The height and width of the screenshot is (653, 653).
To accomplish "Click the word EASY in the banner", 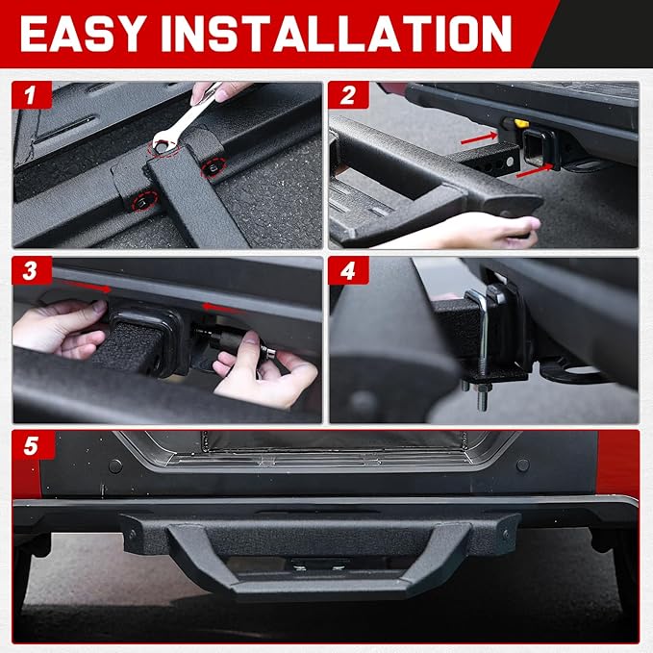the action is click(81, 34).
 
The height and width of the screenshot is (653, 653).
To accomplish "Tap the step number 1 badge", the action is click(32, 95).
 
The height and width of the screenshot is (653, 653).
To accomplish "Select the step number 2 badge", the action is click(348, 95).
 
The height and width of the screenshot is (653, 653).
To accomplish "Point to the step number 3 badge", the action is click(32, 270).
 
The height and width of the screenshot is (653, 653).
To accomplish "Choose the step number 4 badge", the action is click(348, 270).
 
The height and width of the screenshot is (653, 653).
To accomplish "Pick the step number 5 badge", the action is click(34, 445).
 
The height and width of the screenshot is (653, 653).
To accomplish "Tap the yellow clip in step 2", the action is click(521, 123).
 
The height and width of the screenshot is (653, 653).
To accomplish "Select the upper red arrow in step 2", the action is click(479, 138).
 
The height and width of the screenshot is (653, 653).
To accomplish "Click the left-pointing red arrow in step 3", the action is click(221, 308).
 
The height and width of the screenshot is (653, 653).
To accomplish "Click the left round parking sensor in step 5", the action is click(115, 466).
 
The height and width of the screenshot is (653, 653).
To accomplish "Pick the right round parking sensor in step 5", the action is click(522, 465).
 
